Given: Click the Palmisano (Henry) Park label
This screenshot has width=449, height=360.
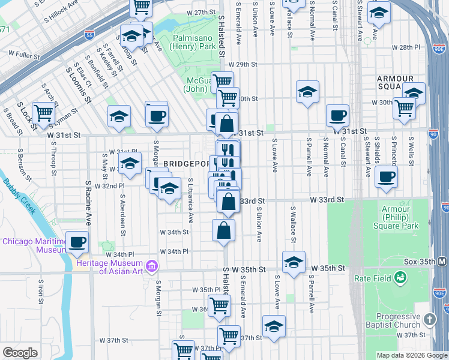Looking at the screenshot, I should pyautogui.click(x=190, y=41).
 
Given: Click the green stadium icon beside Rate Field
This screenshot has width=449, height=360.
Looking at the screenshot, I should pyautogui.click(x=400, y=278).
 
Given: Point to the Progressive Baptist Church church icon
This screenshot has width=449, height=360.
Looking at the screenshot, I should pyautogui.click(x=430, y=319).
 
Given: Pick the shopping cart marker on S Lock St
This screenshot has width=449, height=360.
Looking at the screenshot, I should pyautogui.click(x=43, y=112).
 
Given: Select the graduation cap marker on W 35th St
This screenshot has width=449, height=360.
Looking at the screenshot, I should pyautogui.click(x=293, y=262).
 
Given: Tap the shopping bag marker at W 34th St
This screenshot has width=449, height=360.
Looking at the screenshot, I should pyautogui.click(x=223, y=229).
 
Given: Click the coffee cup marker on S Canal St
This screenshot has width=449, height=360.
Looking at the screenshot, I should pyautogui.click(x=337, y=115).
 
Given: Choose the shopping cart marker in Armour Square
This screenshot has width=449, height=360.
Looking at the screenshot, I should pyautogui.click(x=405, y=107).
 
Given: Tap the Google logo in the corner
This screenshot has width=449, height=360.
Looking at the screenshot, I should pyautogui.click(x=19, y=353).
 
